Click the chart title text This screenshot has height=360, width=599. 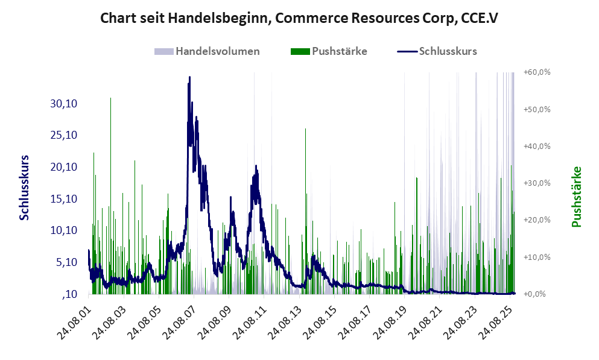tap(299, 18)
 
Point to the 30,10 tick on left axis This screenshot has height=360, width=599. tap(65, 104)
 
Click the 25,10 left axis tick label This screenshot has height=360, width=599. tap(65, 135)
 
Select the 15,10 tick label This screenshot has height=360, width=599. tap(65, 199)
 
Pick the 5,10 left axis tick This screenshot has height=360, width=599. tap(67, 262)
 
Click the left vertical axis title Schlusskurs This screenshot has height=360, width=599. tap(24, 187)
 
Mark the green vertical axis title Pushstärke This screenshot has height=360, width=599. tap(576, 197)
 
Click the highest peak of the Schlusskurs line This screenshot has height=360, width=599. tap(189, 78)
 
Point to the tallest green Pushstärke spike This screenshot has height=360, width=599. tap(110, 98)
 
